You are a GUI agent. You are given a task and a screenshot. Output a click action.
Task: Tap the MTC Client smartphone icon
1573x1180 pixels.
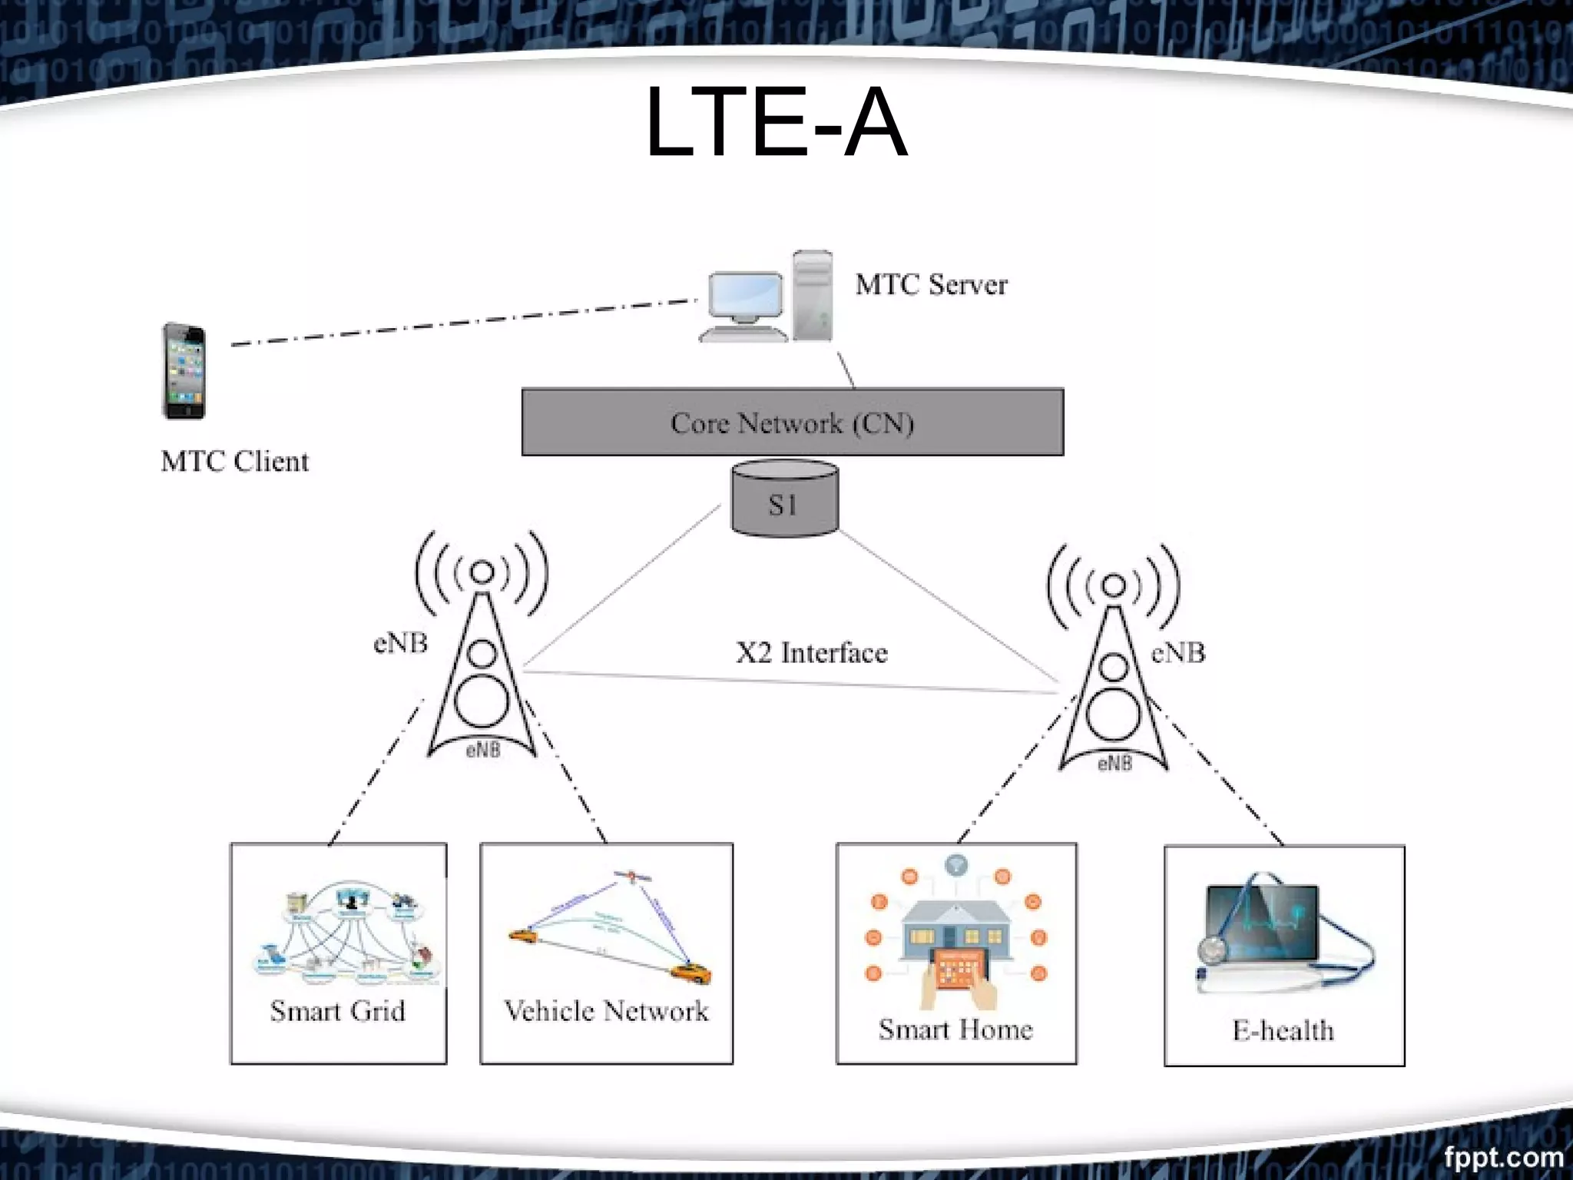pyautogui.click(x=184, y=371)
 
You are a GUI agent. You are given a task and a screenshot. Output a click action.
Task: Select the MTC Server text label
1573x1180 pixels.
pyautogui.click(x=931, y=285)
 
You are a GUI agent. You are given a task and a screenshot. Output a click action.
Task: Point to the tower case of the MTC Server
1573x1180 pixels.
pyautogui.click(x=813, y=296)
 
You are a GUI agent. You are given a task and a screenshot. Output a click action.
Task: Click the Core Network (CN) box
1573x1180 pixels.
pyautogui.click(x=792, y=423)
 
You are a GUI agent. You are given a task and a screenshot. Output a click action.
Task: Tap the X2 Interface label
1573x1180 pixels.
pyautogui.click(x=811, y=653)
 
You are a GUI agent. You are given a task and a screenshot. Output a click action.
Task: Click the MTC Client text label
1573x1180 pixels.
pyautogui.click(x=234, y=462)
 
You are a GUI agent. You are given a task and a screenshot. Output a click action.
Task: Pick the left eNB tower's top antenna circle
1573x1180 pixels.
pyautogui.click(x=482, y=572)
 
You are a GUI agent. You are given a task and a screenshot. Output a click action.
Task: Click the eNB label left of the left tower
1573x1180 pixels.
pyautogui.click(x=400, y=643)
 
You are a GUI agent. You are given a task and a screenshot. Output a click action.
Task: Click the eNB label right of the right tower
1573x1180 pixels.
pyautogui.click(x=1178, y=653)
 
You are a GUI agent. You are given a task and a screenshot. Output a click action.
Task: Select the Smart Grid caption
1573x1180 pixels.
pyautogui.click(x=337, y=1011)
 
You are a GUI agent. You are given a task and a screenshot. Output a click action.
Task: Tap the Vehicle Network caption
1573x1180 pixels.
pyautogui.click(x=606, y=1011)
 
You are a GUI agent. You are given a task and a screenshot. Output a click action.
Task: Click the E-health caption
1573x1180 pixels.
pyautogui.click(x=1283, y=1030)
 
